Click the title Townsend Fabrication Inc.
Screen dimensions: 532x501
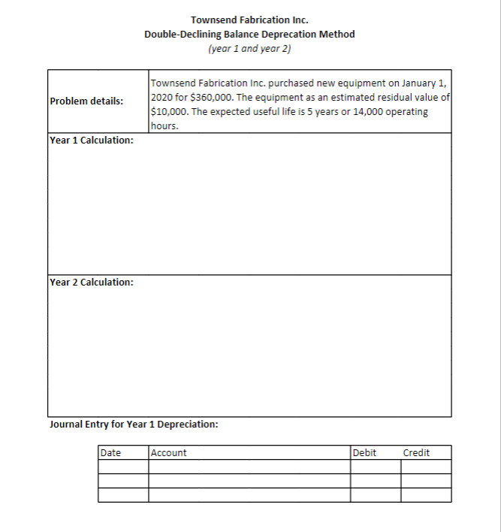[249, 19]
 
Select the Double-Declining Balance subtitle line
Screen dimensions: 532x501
[249, 34]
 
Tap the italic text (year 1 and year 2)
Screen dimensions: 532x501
[249, 49]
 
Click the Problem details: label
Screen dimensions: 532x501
[86, 101]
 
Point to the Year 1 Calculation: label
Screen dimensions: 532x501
[92, 141]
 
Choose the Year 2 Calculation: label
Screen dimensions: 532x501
[92, 283]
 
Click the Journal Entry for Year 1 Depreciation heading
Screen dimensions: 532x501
[134, 424]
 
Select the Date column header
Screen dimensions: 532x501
[110, 452]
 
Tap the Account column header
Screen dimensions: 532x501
[169, 452]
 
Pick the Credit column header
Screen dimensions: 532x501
[416, 452]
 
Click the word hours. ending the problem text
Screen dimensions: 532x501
[164, 125]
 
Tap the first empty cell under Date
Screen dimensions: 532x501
[122, 467]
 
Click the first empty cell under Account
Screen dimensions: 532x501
[249, 467]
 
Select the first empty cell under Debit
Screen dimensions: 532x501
[375, 467]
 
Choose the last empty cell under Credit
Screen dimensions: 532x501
[426, 495]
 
